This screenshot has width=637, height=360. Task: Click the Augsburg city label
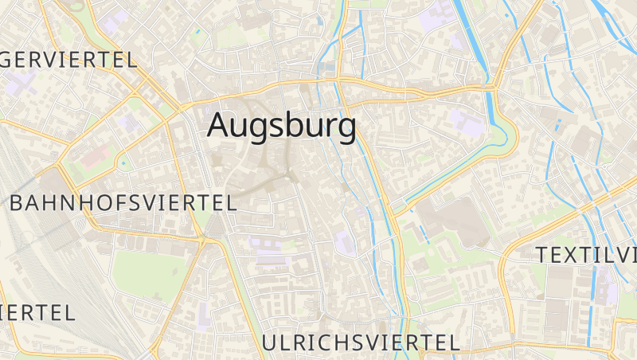click(281, 127)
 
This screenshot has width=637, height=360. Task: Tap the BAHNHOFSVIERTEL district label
click(123, 202)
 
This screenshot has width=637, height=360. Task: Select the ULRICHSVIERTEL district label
click(361, 343)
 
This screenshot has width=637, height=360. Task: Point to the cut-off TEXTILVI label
click(587, 255)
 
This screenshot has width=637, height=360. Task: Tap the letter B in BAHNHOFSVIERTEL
click(17, 202)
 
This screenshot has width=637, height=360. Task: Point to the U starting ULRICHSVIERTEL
click(269, 343)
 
